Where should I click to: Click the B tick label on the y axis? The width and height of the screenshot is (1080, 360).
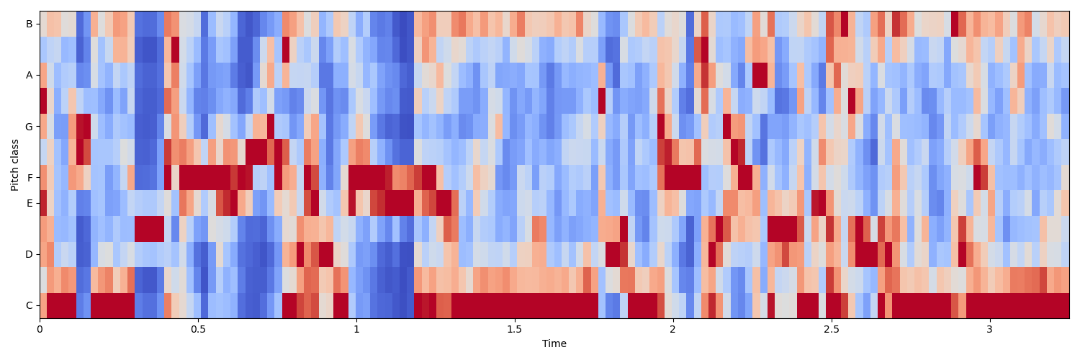(29, 24)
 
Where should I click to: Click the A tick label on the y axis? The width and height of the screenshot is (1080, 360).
(29, 75)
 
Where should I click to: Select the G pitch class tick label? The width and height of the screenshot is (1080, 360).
(29, 127)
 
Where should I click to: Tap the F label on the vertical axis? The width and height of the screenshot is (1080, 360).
(29, 178)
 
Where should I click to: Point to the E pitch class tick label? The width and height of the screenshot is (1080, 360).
(29, 203)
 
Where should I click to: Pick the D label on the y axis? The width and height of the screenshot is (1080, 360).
(29, 254)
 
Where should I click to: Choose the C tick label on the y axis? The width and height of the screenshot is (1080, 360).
(29, 305)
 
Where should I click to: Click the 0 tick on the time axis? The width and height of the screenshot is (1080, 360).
(40, 329)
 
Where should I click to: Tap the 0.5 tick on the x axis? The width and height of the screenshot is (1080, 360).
(198, 329)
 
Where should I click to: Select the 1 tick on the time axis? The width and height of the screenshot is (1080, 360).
(356, 329)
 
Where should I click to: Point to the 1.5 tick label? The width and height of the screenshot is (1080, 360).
(514, 329)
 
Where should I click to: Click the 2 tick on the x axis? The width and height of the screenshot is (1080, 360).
(672, 329)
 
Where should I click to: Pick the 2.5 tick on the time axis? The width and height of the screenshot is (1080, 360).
(831, 329)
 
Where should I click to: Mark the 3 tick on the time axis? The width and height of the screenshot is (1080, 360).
(989, 329)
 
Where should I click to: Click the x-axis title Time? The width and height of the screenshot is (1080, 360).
(554, 343)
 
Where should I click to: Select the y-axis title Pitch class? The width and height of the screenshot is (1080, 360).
(14, 165)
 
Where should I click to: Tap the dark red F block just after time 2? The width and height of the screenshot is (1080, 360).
(683, 178)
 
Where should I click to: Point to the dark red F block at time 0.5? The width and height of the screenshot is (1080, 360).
(204, 178)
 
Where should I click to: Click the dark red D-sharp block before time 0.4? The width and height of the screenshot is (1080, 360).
(149, 229)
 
